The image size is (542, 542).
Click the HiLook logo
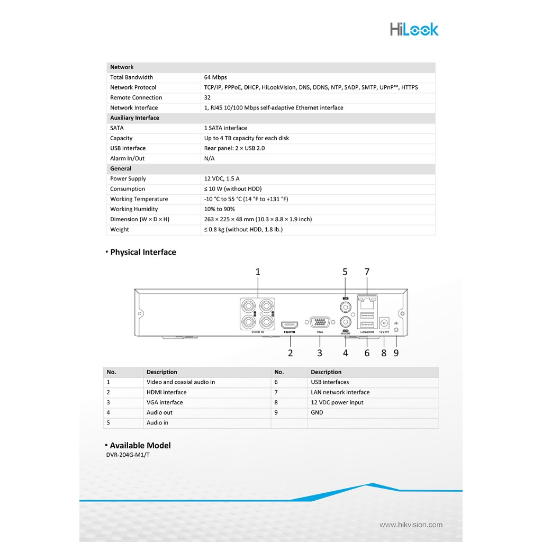pos(414,29)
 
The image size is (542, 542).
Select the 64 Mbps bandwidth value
pos(215,77)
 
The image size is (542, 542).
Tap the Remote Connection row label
pos(136,97)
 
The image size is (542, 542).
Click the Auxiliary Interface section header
pos(134,118)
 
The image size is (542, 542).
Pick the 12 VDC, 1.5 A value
pos(222,179)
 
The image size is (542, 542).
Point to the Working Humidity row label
pos(134,209)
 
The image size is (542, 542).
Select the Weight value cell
pos(243,230)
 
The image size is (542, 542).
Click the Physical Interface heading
pos(143,252)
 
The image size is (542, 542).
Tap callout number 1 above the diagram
pos(258,272)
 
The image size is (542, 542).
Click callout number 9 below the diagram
pos(396,353)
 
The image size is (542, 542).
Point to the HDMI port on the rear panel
pos(290,324)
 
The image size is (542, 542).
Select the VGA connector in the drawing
pos(319,322)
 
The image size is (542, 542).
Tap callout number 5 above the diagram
pos(345,272)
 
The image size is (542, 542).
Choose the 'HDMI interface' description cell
pos(167,392)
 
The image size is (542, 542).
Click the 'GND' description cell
pos(317,412)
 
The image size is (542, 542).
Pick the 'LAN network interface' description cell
pos(340,392)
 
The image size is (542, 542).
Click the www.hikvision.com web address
pos(411,525)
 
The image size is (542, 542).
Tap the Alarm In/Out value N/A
pos(210,158)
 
